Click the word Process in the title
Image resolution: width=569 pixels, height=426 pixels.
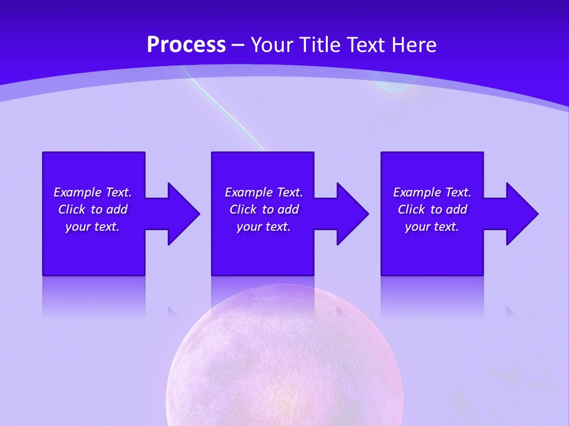click(x=186, y=45)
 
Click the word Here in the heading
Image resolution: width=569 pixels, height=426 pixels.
click(x=413, y=45)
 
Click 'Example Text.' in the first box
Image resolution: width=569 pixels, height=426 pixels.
click(x=92, y=192)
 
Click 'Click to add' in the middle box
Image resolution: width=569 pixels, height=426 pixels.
click(x=264, y=209)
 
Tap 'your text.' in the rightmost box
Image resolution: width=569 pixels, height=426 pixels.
click(x=432, y=227)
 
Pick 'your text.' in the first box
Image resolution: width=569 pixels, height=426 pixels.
click(x=92, y=227)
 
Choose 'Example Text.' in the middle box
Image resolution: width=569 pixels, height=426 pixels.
click(x=264, y=192)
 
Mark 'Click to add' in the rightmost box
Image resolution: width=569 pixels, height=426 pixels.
click(x=432, y=209)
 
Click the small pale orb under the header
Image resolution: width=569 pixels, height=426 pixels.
click(x=392, y=86)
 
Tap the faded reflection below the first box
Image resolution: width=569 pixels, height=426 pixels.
click(x=94, y=296)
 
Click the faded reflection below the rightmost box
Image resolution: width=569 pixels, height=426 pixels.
click(x=432, y=296)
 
